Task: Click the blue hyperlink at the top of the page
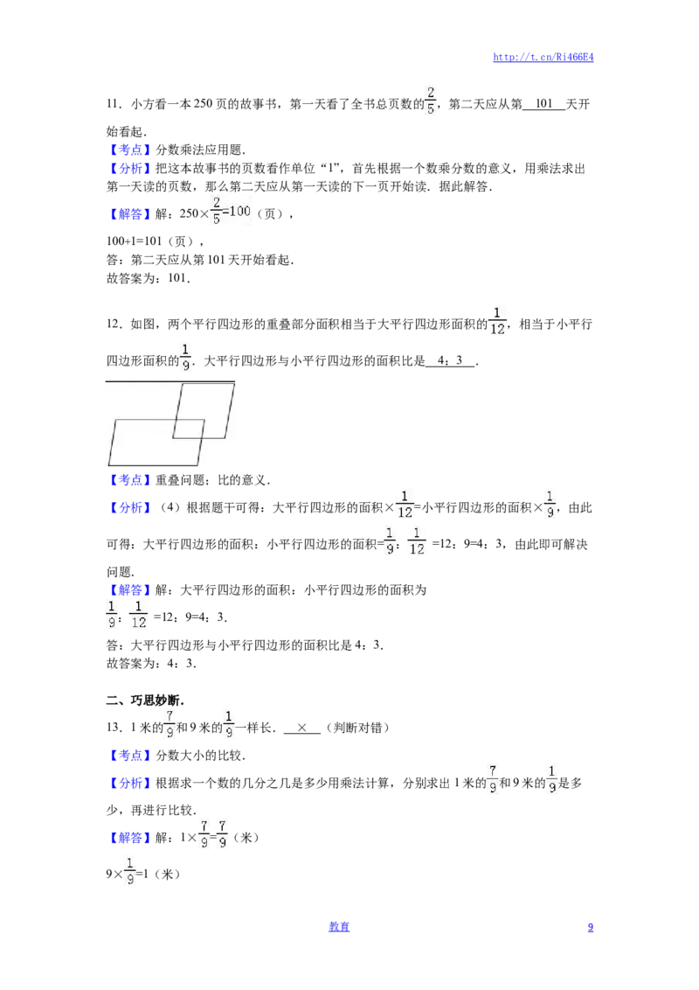pos(543,58)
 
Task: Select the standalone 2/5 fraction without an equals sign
pos(429,101)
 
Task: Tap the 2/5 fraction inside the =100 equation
pos(217,211)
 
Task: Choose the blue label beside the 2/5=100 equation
pos(130,213)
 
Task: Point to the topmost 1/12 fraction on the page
pos(496,320)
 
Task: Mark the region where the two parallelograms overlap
pos(189,429)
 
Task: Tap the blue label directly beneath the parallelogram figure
pos(130,480)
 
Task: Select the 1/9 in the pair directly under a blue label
pos(111,614)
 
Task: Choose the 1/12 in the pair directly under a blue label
pos(140,614)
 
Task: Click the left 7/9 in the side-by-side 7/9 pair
pos(204,833)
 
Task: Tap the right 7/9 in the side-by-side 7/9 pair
pos(224,833)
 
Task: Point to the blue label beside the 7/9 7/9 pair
pos(130,838)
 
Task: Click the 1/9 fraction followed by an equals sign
pos(129,872)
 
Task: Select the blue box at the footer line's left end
pos(339,926)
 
